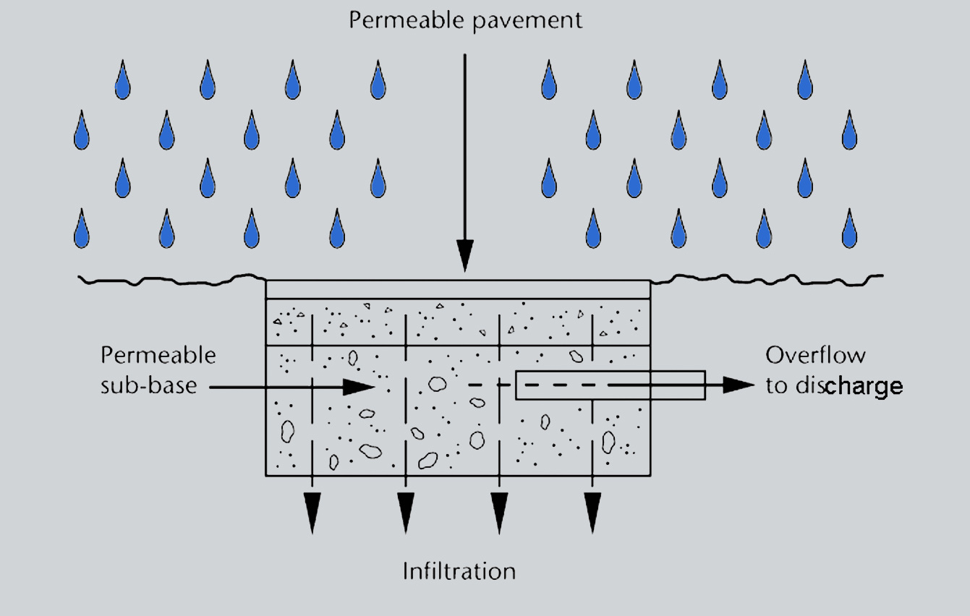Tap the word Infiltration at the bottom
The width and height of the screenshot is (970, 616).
(459, 571)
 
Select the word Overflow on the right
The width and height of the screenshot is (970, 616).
(815, 355)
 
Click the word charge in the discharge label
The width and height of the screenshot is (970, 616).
(864, 386)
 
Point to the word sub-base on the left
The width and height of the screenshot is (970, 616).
(148, 385)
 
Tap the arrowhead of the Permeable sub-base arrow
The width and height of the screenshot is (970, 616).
(357, 387)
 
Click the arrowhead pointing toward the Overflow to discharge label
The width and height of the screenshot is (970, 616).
(738, 385)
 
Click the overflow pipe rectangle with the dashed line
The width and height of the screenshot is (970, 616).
(610, 385)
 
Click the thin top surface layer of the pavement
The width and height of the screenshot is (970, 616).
(458, 288)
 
